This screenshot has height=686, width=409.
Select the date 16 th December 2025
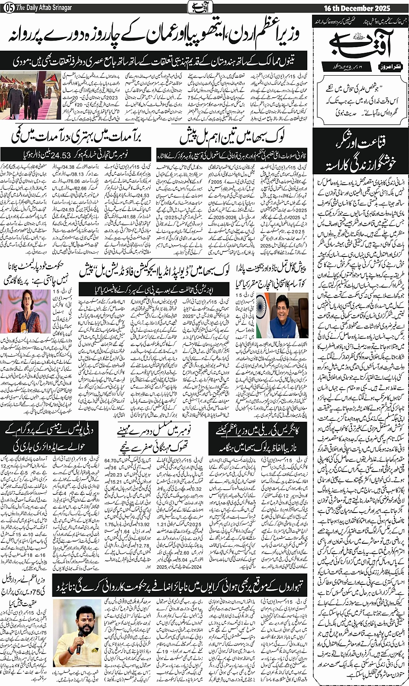pos(357,8)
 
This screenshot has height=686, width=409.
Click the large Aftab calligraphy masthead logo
pos(361,42)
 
